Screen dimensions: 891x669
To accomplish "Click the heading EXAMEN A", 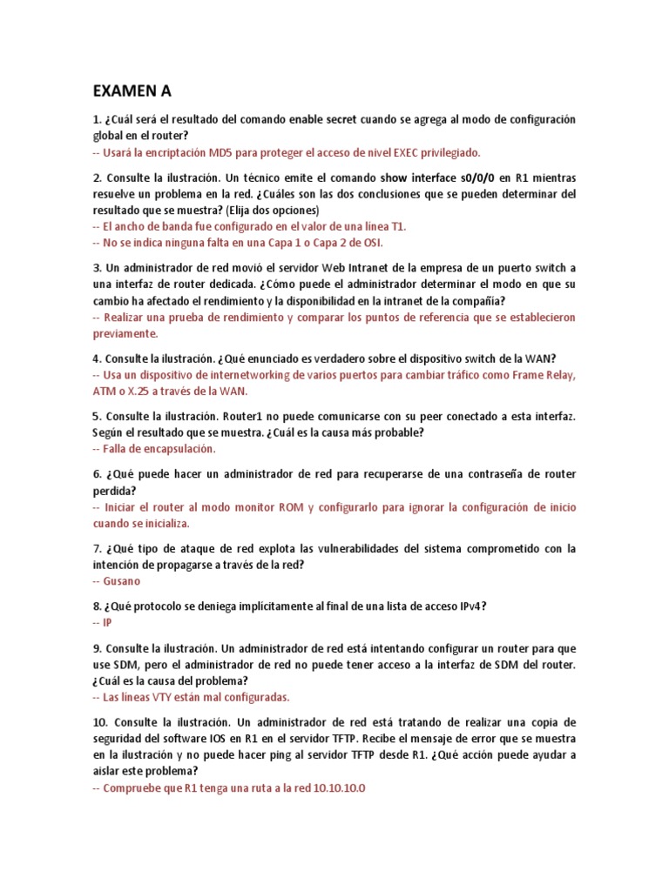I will coord(132,90).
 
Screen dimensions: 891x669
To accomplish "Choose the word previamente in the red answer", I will coord(125,333).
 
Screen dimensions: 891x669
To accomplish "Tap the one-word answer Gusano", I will coord(122,581).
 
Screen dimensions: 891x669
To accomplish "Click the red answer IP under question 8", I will coord(107,623).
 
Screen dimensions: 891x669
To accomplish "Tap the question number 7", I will coord(97,548).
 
